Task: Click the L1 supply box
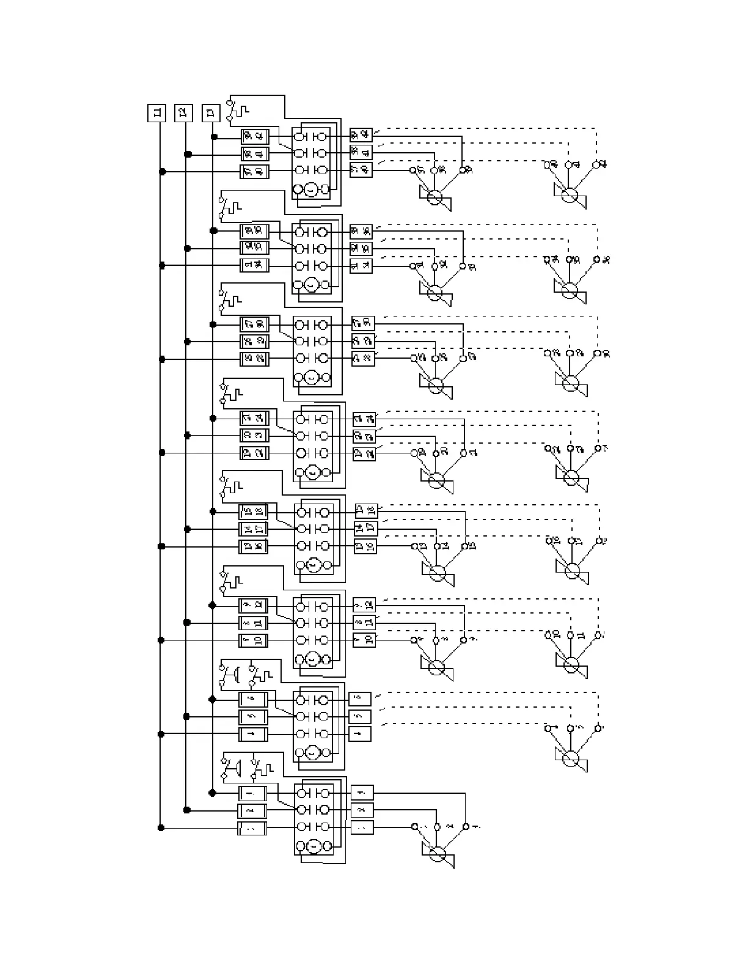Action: [x=157, y=113]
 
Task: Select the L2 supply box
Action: [x=183, y=113]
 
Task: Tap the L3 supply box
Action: [x=211, y=113]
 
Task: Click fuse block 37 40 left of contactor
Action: [x=254, y=172]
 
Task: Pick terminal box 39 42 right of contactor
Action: [x=361, y=135]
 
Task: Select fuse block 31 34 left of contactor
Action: [x=254, y=265]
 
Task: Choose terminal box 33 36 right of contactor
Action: [x=361, y=232]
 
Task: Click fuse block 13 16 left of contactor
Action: [x=253, y=546]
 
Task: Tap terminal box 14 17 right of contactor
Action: [x=366, y=529]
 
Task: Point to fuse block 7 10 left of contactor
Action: [x=253, y=640]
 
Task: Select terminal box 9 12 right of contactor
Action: [x=365, y=605]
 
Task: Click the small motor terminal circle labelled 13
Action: [x=414, y=545]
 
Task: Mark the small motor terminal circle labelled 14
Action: [x=437, y=545]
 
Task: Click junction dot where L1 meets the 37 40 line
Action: [x=162, y=172]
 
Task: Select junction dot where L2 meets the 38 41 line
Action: [x=188, y=154]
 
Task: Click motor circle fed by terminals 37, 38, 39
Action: [x=435, y=197]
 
